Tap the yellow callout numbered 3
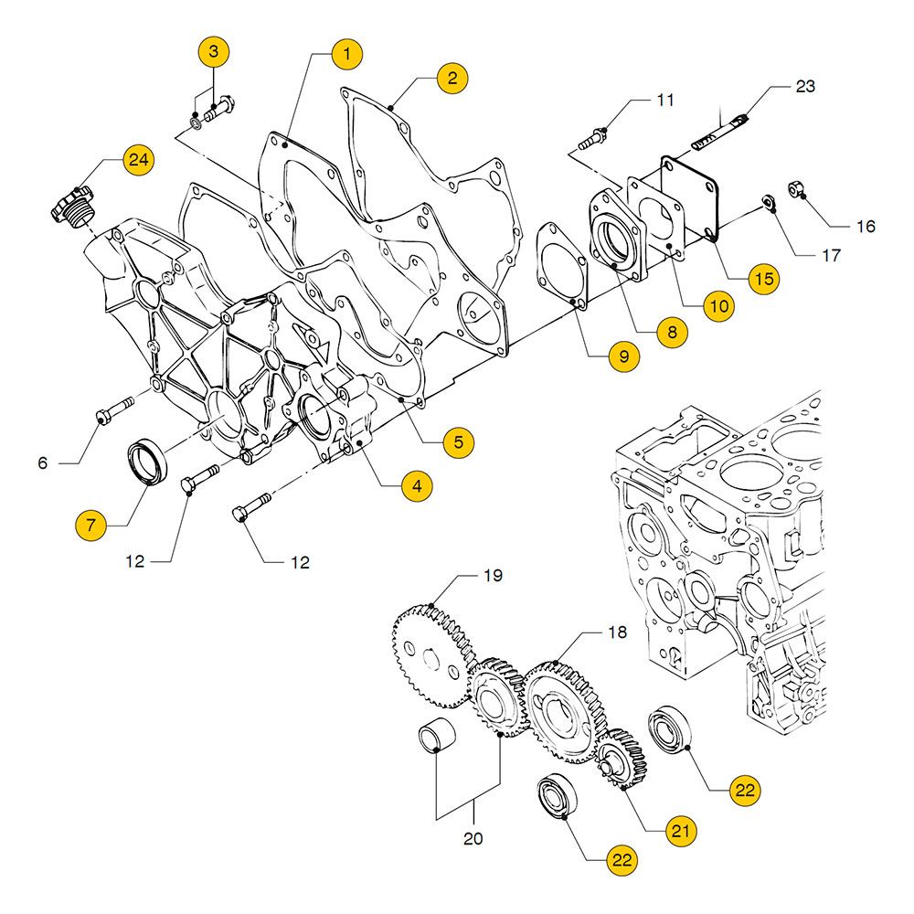(x=214, y=51)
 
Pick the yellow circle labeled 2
(x=451, y=78)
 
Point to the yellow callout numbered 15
(x=762, y=278)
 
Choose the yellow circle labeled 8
(x=672, y=334)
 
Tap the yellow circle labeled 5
(x=458, y=443)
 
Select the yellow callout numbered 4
(x=417, y=486)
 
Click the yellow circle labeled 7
(x=91, y=526)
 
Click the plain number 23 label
(x=804, y=88)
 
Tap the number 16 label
(x=865, y=227)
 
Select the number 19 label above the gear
(x=493, y=577)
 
